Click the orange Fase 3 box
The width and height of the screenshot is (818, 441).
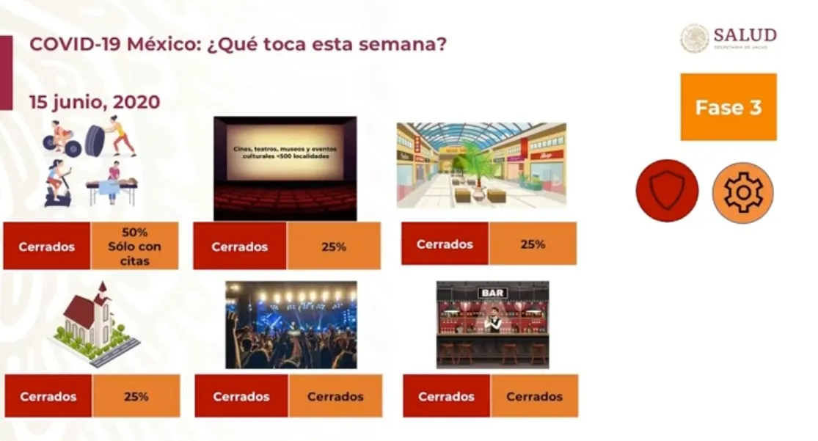click(728, 107)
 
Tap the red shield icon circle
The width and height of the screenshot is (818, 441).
click(667, 191)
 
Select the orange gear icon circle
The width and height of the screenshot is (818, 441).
click(742, 192)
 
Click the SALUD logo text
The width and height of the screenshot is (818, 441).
click(744, 35)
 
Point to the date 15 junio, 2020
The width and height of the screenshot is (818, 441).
click(95, 102)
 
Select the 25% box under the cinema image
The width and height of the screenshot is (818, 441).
click(333, 247)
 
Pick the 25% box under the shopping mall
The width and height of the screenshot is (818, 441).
click(532, 244)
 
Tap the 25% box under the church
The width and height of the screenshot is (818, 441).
click(136, 396)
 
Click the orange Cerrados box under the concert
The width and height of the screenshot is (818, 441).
click(335, 396)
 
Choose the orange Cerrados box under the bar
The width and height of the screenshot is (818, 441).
click(534, 396)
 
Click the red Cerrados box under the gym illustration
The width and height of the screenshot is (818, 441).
click(47, 247)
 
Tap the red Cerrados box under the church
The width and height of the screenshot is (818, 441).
click(48, 396)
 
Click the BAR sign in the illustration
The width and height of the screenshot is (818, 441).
click(492, 293)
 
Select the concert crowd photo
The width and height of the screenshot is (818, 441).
click(291, 324)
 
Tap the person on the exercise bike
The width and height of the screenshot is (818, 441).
click(61, 184)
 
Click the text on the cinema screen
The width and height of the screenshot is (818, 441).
click(285, 152)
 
